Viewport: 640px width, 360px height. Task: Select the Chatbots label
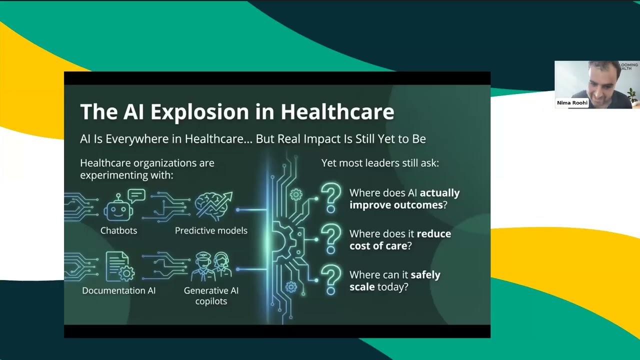click(x=118, y=230)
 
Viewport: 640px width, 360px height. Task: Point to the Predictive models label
click(x=211, y=230)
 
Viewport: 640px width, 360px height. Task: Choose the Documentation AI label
click(x=118, y=290)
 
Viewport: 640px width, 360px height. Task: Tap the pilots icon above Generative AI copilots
click(x=210, y=266)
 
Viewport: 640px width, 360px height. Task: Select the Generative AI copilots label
click(x=211, y=295)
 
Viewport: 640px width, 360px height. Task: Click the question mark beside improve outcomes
click(x=330, y=197)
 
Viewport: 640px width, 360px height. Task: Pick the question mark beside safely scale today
click(x=330, y=279)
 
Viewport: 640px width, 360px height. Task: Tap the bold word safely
click(x=425, y=274)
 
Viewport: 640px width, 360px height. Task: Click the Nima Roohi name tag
click(x=572, y=103)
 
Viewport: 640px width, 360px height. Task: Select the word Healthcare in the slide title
click(x=337, y=112)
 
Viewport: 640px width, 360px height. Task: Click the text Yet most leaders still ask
click(x=380, y=163)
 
